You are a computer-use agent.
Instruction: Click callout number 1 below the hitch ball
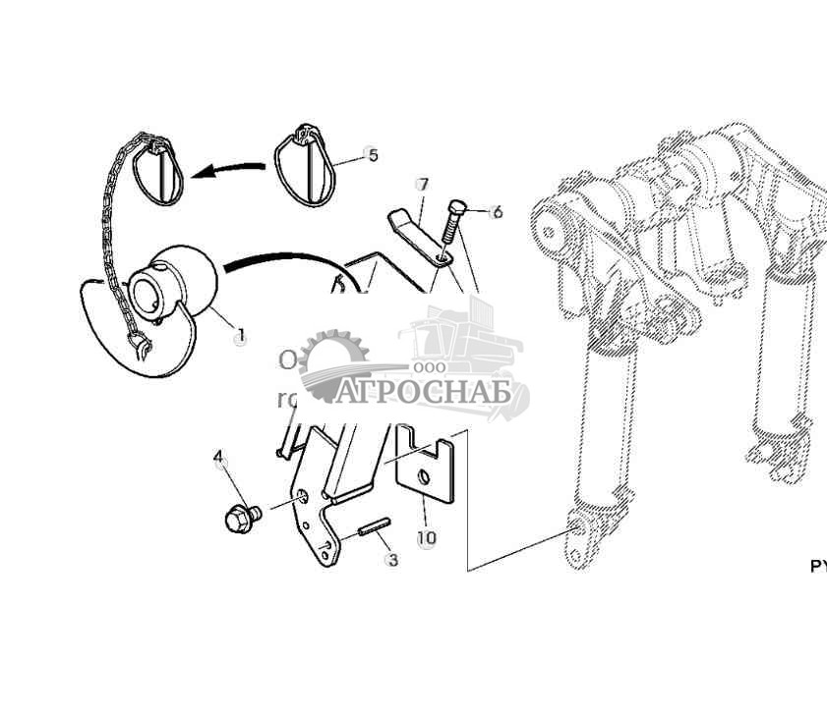pyautogui.click(x=240, y=337)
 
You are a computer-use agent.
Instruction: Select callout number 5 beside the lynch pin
pyautogui.click(x=372, y=155)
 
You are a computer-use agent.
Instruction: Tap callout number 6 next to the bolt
pyautogui.click(x=497, y=211)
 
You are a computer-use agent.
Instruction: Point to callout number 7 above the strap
pyautogui.click(x=423, y=185)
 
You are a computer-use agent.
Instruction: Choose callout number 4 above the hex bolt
pyautogui.click(x=218, y=457)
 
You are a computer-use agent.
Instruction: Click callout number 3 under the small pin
pyautogui.click(x=392, y=561)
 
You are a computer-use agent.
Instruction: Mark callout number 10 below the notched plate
pyautogui.click(x=426, y=538)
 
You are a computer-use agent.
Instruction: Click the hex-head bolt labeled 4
pyautogui.click(x=240, y=516)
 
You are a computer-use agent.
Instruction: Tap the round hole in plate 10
pyautogui.click(x=421, y=476)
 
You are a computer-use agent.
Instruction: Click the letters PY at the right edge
pyautogui.click(x=818, y=567)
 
